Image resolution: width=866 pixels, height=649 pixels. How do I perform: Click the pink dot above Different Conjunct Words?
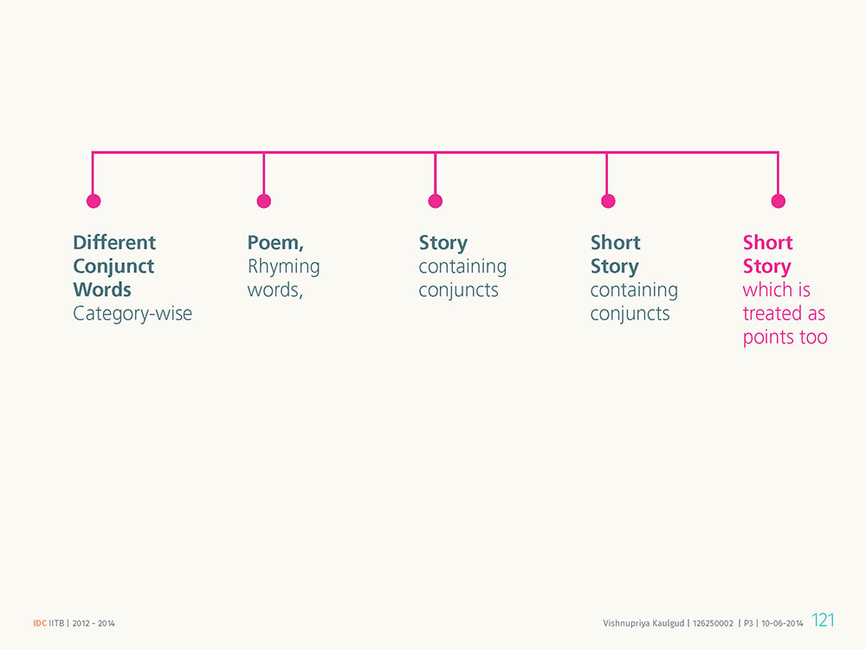(x=94, y=201)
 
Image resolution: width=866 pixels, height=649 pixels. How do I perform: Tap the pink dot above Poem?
(x=264, y=201)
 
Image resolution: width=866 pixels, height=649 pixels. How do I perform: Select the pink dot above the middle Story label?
(x=436, y=201)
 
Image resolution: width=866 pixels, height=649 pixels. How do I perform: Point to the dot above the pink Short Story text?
(x=779, y=201)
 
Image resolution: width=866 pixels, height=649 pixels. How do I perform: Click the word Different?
(x=114, y=242)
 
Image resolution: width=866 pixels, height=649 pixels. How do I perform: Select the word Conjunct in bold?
(x=113, y=267)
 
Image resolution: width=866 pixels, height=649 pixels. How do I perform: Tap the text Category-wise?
(x=132, y=313)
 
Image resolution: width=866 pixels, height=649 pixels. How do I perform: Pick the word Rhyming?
(x=283, y=267)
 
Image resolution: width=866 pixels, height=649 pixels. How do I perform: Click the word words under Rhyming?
(x=275, y=290)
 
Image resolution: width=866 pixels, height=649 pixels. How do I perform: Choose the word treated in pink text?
(x=772, y=313)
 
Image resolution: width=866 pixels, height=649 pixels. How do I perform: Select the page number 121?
(x=823, y=620)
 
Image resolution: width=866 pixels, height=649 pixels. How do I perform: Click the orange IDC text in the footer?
(x=40, y=623)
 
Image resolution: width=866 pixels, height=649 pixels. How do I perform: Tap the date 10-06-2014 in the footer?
(x=782, y=623)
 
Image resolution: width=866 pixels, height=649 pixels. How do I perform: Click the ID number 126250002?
(x=713, y=623)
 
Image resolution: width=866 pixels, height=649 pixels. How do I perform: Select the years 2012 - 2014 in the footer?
(x=94, y=623)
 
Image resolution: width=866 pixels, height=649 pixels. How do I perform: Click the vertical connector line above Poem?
(x=264, y=173)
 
